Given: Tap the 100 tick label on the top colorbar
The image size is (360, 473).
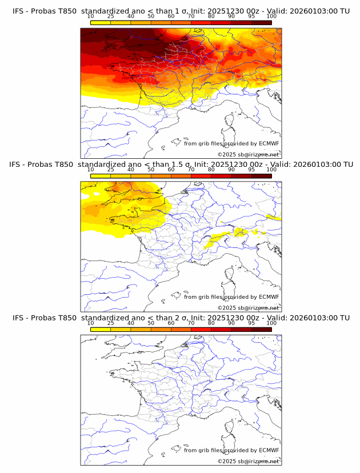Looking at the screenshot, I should tap(271, 17).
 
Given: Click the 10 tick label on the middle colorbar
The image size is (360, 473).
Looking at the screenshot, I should tap(91, 170).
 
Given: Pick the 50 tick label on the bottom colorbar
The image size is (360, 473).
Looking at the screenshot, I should tap(151, 323).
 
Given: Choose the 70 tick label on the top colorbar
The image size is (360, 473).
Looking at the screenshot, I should tap(191, 17).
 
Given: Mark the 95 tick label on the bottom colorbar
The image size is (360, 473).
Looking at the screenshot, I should tap(251, 323).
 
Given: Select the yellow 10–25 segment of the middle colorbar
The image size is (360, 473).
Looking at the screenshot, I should tap(101, 175).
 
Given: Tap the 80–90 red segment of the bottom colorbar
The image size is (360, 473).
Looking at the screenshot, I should tap(221, 328).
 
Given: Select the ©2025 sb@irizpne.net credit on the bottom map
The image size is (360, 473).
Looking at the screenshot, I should tap(248, 461).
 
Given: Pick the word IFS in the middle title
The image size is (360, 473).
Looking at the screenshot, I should tap(18, 165).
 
